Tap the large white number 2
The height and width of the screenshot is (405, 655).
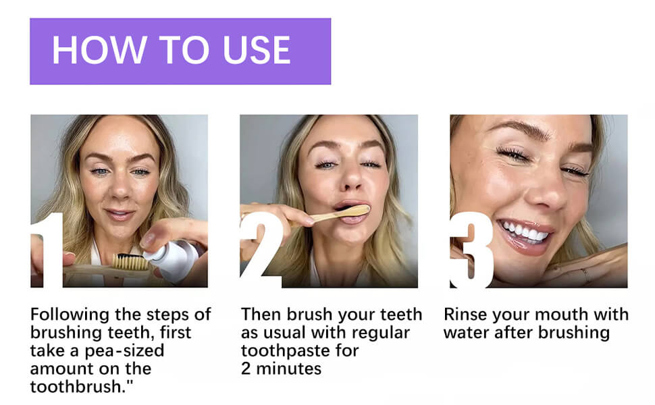coord(260,250)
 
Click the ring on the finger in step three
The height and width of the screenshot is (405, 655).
coord(585,275)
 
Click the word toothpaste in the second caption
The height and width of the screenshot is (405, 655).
coord(280,351)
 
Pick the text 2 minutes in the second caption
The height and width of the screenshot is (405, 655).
coord(281,369)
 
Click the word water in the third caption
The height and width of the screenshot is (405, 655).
coord(464,333)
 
